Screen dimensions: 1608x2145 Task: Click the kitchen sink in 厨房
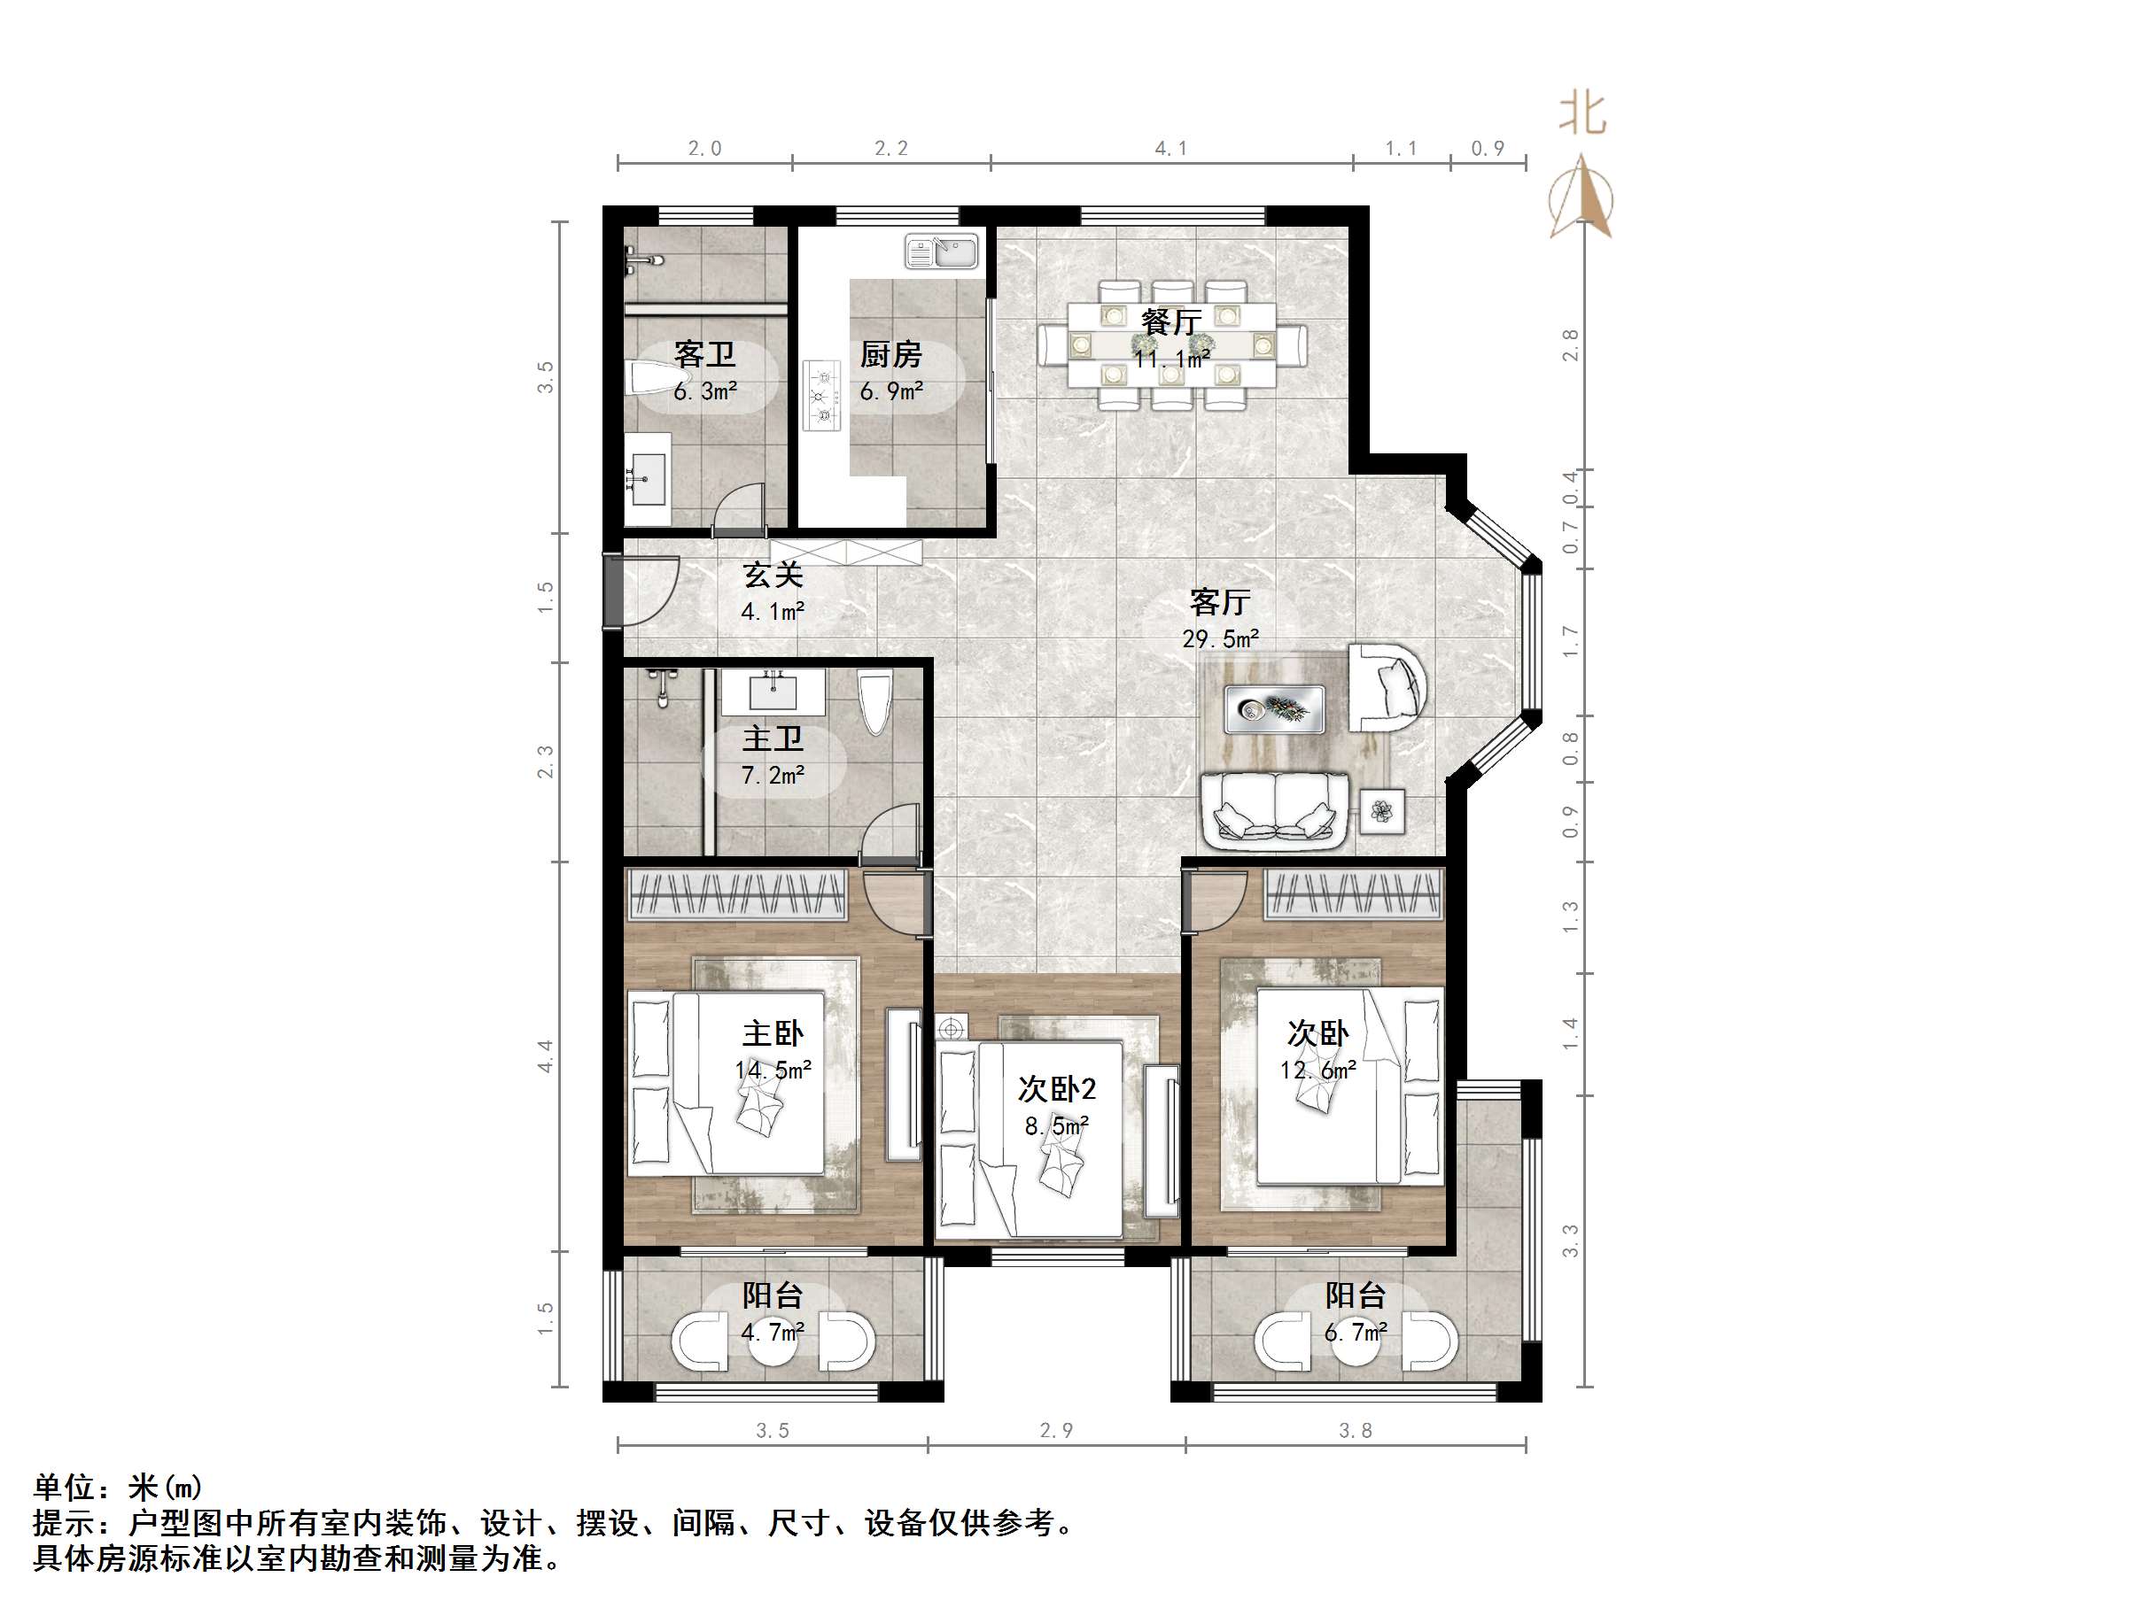coord(942,252)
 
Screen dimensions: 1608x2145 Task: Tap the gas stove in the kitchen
coord(822,395)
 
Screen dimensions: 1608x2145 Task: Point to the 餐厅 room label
coord(1171,321)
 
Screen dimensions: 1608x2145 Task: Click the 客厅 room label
coord(1220,602)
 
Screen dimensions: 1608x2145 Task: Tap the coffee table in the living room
coord(1274,708)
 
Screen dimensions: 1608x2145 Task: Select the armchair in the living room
coord(1387,687)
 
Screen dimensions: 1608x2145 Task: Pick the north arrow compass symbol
coord(1582,198)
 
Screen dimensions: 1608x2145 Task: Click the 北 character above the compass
coord(1582,113)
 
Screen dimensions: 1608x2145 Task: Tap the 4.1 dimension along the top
coord(1170,148)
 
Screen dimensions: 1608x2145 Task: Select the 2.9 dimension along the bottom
coord(1056,1431)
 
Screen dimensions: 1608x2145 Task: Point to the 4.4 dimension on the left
coord(545,1055)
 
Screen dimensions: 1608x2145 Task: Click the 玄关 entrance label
coord(773,576)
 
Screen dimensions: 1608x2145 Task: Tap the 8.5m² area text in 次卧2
coord(1056,1126)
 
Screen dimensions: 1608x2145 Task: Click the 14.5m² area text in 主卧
coord(773,1070)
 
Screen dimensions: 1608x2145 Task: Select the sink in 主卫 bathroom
coord(773,692)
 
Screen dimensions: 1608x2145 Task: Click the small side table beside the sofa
coord(1382,810)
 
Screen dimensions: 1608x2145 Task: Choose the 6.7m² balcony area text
coord(1355,1333)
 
